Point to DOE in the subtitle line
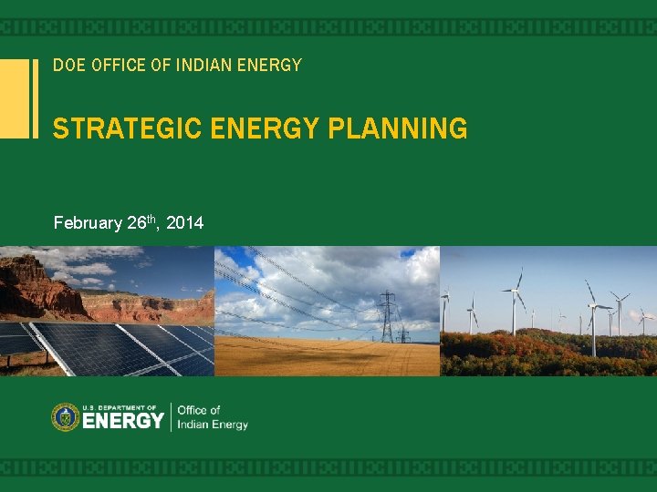click(67, 66)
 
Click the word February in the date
click(88, 222)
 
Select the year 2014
click(185, 222)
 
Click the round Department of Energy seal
click(65, 417)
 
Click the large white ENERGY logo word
click(123, 421)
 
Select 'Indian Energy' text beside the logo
click(213, 425)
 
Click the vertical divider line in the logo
click(171, 417)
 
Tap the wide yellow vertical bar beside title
click(14, 98)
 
